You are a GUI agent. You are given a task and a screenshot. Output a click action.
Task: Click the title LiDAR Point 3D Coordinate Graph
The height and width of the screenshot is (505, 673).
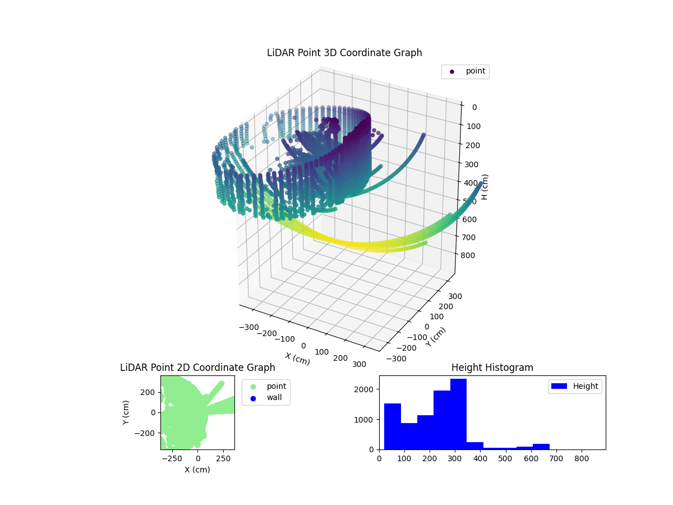(x=344, y=53)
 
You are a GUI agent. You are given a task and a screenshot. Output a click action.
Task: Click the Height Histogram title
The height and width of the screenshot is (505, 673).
(x=492, y=368)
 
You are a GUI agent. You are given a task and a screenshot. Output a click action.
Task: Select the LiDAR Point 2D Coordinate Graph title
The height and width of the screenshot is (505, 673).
(x=197, y=368)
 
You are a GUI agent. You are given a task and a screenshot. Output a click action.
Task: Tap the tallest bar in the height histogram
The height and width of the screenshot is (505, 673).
(x=458, y=414)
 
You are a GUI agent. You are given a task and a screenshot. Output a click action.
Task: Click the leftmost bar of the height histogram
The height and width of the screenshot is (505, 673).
(x=393, y=426)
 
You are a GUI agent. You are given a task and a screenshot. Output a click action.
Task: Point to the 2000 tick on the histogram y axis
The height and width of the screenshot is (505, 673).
(x=368, y=389)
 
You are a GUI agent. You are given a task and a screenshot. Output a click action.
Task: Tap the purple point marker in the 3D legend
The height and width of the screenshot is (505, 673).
(x=451, y=72)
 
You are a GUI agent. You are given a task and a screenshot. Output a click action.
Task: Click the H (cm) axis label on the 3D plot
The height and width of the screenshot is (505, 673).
(x=485, y=187)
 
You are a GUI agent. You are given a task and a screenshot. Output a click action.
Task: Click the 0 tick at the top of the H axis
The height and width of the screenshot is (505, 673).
(x=474, y=107)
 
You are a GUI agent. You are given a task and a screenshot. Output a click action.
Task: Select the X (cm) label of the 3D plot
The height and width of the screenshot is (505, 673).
(x=297, y=359)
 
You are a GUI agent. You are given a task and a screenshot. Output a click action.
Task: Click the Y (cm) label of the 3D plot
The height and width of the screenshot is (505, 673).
(x=436, y=336)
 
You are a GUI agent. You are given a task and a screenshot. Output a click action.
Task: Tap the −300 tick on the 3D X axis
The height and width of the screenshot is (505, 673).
(x=248, y=327)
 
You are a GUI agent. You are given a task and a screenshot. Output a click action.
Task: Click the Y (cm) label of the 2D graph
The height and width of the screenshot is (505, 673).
(x=127, y=412)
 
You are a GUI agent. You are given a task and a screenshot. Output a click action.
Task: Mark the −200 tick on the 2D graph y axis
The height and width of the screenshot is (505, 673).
(x=148, y=433)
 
